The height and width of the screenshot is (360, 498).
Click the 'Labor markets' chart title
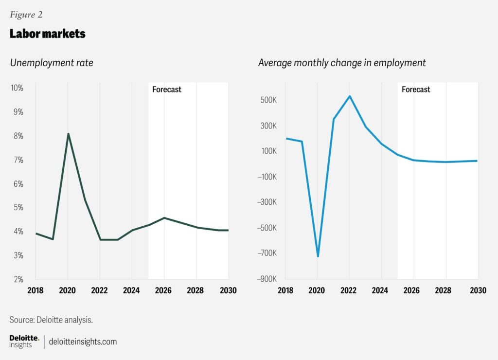pos(47,34)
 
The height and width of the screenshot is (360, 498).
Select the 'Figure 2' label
pos(26,15)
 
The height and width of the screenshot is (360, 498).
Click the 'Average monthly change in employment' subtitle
pos(342,63)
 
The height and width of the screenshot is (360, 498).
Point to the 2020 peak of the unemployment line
pos(68,134)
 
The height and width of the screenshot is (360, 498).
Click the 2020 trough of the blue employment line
pos(318,256)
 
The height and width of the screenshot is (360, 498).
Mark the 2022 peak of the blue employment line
pos(350,96)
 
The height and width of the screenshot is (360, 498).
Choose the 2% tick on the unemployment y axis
pos(18,279)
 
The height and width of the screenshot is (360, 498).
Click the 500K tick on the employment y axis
pos(268,101)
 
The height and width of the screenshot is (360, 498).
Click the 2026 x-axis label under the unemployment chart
pos(164,290)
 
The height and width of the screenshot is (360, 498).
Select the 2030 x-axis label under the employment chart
pos(478,290)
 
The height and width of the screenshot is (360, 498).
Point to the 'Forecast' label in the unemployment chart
pos(166,90)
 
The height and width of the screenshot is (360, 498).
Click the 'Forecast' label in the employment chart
pos(416,90)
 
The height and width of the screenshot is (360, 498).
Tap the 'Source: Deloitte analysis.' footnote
pos(51,320)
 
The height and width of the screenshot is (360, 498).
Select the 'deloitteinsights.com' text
pos(83,342)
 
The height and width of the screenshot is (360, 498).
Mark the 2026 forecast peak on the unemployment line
pos(164,218)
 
